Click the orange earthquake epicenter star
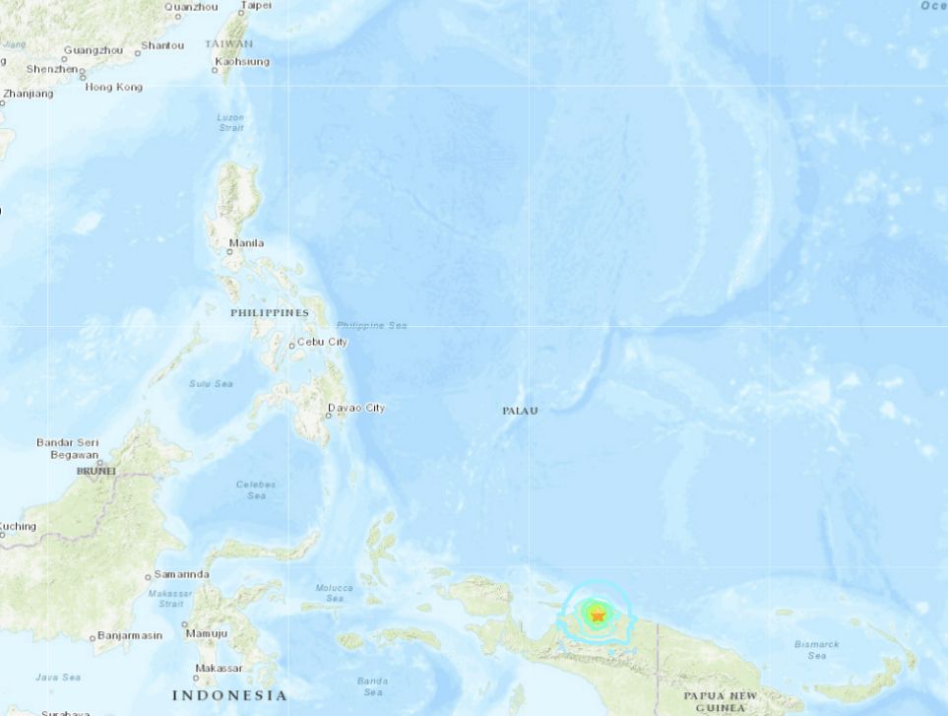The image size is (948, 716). [597, 616]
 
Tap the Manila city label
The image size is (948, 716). [246, 242]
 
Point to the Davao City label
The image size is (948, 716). [356, 408]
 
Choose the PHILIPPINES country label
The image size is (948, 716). [270, 312]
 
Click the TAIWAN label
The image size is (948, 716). [228, 44]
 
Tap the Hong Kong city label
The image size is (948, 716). [114, 87]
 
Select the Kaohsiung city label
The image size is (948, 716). [242, 61]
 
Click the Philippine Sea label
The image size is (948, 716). [371, 325]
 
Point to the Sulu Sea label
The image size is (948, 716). [211, 383]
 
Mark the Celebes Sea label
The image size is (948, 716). [256, 489]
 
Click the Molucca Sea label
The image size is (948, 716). [334, 593]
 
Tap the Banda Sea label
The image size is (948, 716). [372, 684]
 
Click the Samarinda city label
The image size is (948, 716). [181, 574]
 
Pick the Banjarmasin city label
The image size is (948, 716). [131, 636]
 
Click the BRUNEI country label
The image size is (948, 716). [95, 472]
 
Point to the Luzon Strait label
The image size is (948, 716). [230, 122]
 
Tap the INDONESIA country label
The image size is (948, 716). [229, 695]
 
